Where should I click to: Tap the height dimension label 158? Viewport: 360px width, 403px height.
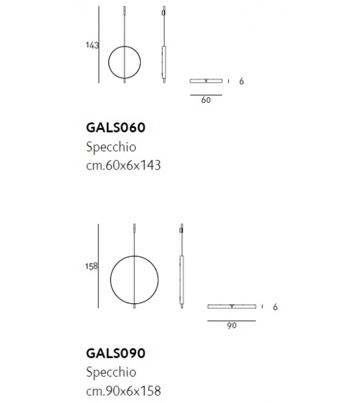[x=92, y=266]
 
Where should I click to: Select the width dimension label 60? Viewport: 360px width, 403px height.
[x=206, y=100]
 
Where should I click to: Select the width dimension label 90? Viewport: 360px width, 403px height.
[x=231, y=326]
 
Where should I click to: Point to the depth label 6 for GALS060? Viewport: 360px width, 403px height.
[x=241, y=82]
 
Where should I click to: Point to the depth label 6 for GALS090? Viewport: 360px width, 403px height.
[x=275, y=307]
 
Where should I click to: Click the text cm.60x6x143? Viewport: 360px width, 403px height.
[x=123, y=165]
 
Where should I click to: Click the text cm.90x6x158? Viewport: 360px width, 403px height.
[x=123, y=390]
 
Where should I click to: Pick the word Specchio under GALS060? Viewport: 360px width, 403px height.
[x=110, y=147]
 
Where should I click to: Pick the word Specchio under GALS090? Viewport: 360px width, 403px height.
[x=110, y=372]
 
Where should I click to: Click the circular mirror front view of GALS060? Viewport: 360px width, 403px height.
[x=124, y=63]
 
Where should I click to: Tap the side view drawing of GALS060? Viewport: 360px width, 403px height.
[x=164, y=53]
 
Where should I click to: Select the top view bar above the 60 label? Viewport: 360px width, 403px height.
[x=206, y=81]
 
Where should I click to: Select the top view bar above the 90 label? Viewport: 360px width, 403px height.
[x=231, y=306]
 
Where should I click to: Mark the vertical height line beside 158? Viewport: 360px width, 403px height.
[x=100, y=266]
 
